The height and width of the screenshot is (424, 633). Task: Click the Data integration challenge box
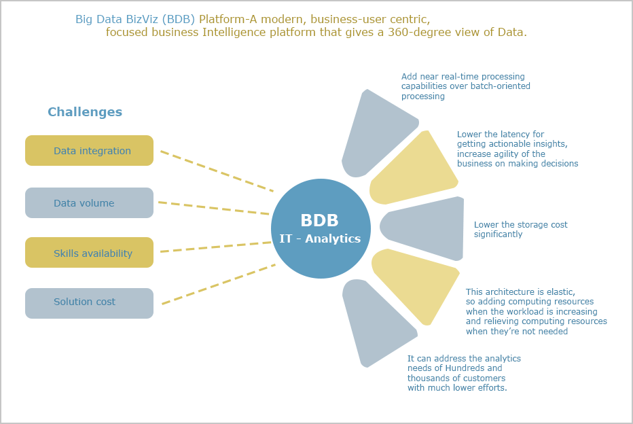point(89,151)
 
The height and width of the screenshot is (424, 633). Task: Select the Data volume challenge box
point(89,202)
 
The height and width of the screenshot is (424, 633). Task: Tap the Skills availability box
point(89,252)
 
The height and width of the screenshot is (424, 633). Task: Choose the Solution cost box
point(89,303)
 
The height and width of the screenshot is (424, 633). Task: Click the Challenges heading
point(85,112)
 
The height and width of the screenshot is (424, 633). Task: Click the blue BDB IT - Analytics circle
point(321,228)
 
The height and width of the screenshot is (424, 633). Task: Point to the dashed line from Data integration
point(217,171)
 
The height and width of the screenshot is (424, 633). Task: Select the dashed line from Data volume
point(213,208)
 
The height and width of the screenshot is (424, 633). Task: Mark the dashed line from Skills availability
point(215,247)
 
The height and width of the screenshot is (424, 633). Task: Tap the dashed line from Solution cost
point(219,284)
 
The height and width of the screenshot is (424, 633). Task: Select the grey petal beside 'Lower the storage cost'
point(424,228)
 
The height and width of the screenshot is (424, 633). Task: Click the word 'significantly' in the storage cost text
point(498,234)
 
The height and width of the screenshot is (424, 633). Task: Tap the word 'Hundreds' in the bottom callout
point(465,368)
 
